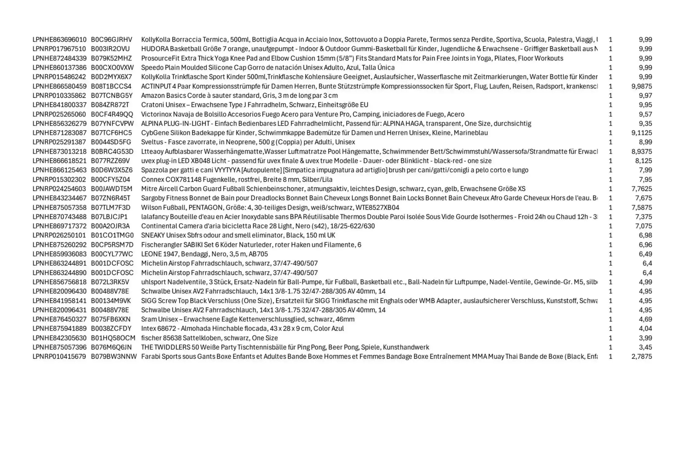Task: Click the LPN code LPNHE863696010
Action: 59,40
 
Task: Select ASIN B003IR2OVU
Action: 110,49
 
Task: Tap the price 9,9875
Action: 641,86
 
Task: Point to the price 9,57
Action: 645,114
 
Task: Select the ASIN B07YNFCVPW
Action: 112,124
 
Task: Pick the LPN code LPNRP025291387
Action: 59,142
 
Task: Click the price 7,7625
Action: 641,189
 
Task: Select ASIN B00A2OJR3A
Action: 110,226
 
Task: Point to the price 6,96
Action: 645,245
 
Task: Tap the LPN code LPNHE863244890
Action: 59,273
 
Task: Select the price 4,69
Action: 645,319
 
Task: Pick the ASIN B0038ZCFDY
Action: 111,329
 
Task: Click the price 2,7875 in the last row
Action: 641,357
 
